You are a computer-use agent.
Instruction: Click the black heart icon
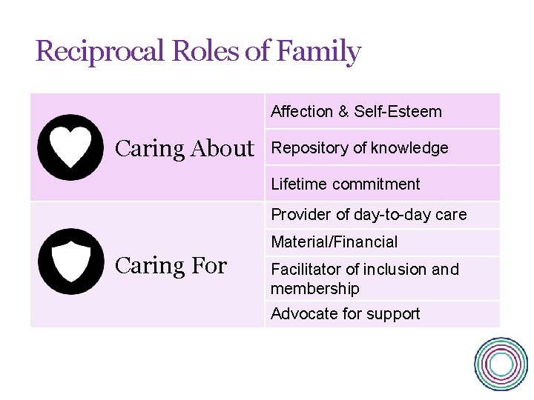click(x=70, y=147)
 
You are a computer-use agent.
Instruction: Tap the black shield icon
click(x=70, y=261)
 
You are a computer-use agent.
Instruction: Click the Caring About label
click(x=184, y=149)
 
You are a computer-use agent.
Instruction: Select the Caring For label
click(x=171, y=265)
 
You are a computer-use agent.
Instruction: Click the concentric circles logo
click(x=501, y=364)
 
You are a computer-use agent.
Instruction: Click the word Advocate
click(x=300, y=313)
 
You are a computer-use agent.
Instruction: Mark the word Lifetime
click(x=297, y=184)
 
